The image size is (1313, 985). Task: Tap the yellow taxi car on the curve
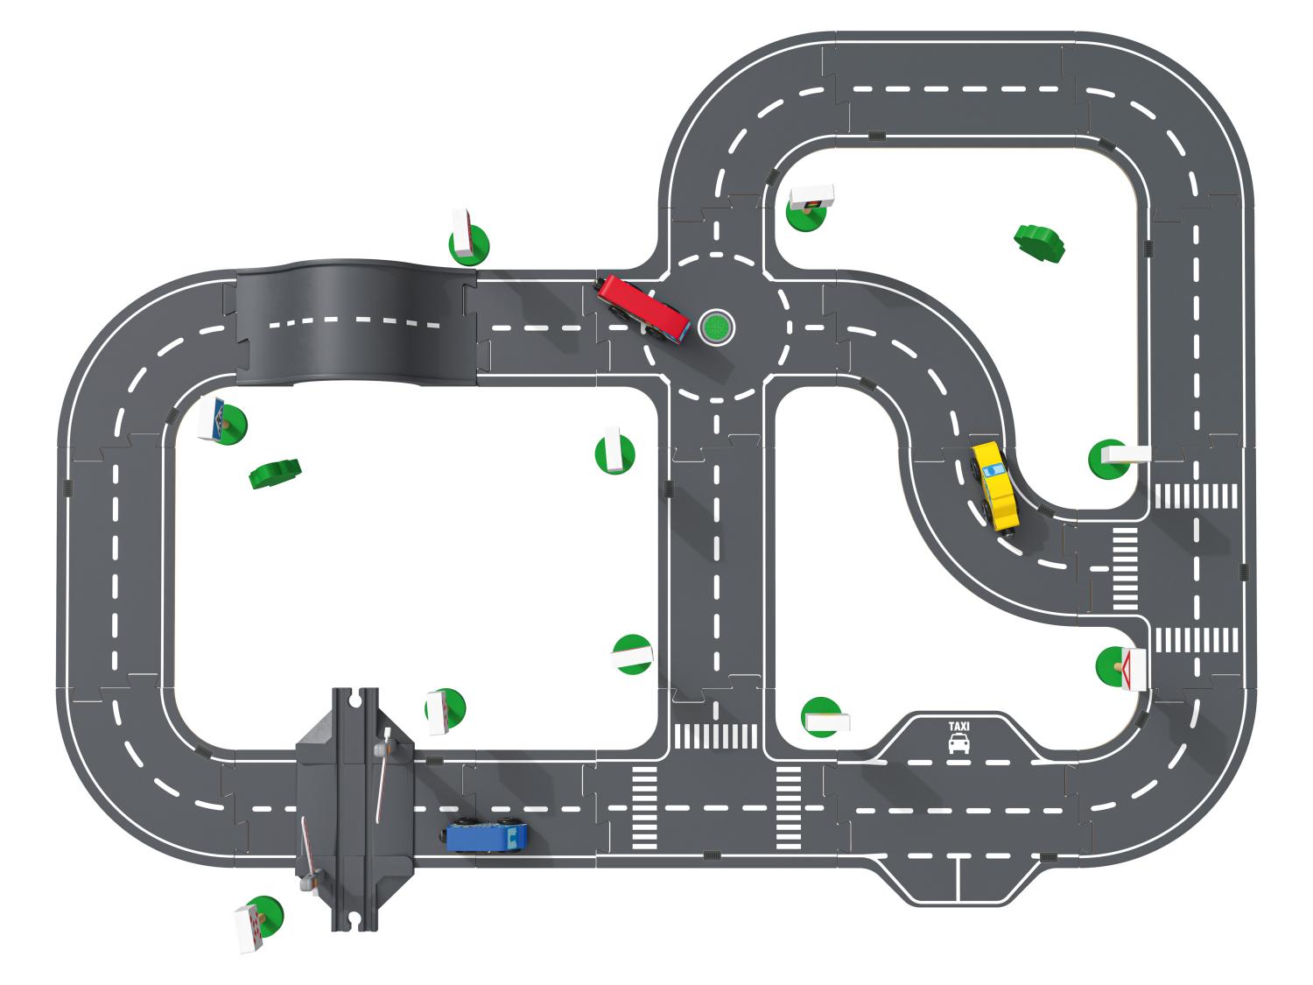(996, 486)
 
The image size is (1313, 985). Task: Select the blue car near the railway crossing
(486, 837)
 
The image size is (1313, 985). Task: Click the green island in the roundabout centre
(717, 327)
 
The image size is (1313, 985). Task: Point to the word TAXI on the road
(959, 726)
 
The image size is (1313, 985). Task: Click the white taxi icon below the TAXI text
(959, 744)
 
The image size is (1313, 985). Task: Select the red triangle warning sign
(1134, 669)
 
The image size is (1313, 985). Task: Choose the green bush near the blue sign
(275, 474)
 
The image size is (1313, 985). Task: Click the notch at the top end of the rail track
(356, 698)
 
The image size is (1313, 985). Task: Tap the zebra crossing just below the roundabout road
(715, 735)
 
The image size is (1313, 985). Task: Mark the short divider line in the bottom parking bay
(959, 878)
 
